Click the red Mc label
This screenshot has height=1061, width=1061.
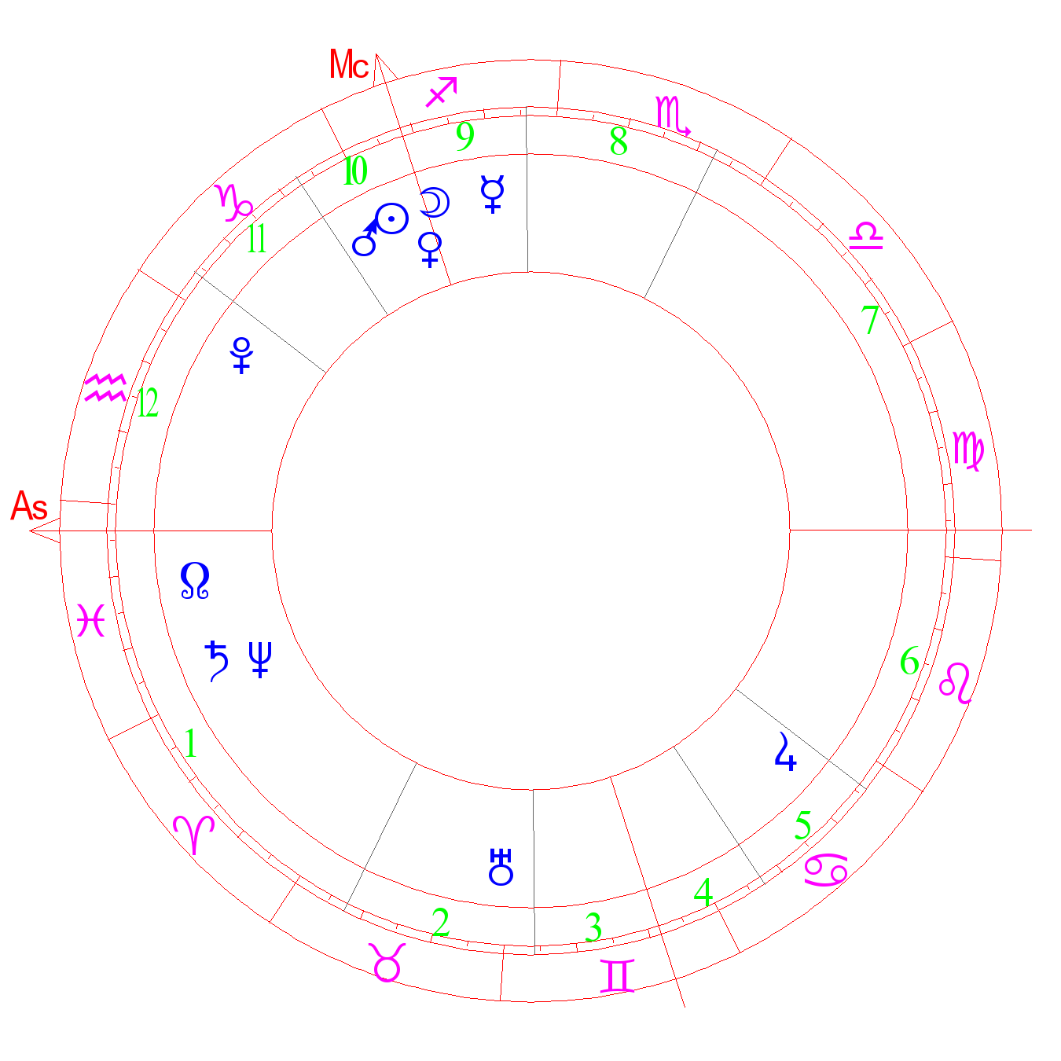[348, 64]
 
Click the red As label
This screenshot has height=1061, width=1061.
[29, 505]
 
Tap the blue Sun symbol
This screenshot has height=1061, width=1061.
[391, 218]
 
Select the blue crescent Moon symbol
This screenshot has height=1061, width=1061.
[435, 202]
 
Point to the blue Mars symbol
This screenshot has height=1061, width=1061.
[365, 238]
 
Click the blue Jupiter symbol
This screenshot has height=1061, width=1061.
[785, 751]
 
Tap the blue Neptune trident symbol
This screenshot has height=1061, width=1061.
[260, 659]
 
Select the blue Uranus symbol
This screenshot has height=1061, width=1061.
[501, 867]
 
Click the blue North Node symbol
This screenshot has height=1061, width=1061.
[195, 580]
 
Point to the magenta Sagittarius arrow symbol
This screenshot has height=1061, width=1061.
[442, 91]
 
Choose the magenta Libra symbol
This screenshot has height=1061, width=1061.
[866, 236]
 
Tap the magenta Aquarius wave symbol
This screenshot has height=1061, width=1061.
[105, 388]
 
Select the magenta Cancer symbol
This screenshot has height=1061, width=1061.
[826, 870]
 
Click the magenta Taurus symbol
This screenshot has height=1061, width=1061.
[387, 962]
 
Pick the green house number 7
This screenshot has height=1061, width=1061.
[869, 319]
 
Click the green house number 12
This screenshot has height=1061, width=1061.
[148, 402]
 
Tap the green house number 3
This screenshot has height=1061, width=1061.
[593, 927]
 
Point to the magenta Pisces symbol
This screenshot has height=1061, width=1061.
[91, 620]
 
